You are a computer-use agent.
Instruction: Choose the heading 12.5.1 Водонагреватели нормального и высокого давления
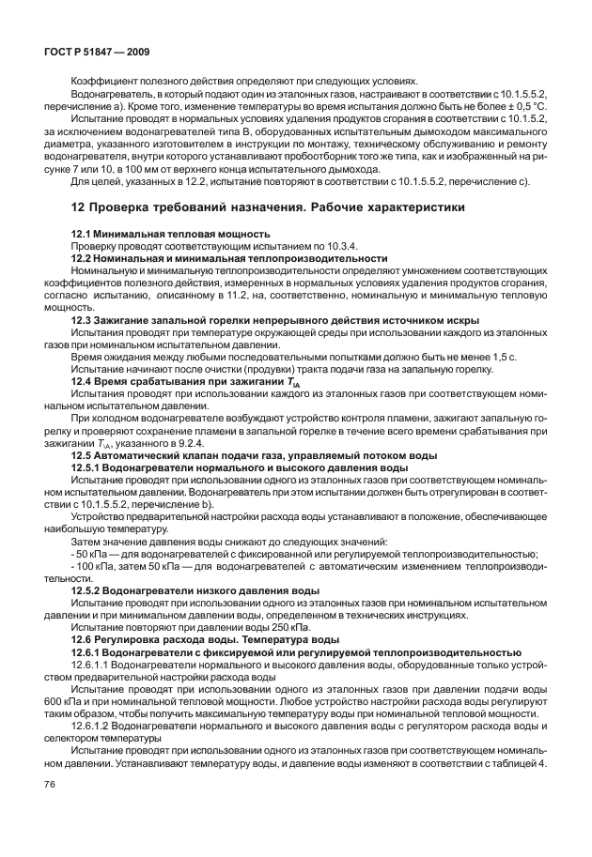click(x=240, y=466)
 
